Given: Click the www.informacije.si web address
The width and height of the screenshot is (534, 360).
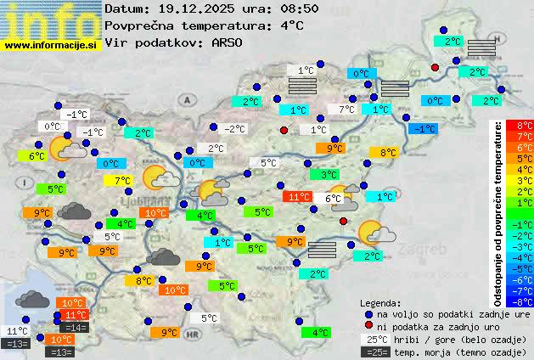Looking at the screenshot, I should click(x=51, y=44).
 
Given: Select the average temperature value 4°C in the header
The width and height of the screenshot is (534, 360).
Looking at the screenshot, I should click(x=291, y=25).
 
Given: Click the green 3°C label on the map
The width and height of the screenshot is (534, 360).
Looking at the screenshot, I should click(x=323, y=175).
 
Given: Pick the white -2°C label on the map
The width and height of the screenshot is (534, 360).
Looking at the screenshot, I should click(x=234, y=129).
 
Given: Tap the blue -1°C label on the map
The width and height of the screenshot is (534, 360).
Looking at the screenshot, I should click(x=422, y=128).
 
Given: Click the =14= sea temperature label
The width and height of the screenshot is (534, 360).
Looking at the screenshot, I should click(x=74, y=328).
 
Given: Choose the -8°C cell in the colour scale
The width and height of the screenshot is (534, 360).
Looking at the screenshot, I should click(x=519, y=301).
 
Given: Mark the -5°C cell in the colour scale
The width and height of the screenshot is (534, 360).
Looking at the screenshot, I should click(x=519, y=268).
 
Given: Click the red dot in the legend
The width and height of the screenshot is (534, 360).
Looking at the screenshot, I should click(x=368, y=327).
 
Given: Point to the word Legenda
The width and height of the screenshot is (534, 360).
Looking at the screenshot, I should click(x=381, y=303).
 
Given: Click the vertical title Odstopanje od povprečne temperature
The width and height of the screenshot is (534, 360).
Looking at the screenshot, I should click(x=499, y=212).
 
